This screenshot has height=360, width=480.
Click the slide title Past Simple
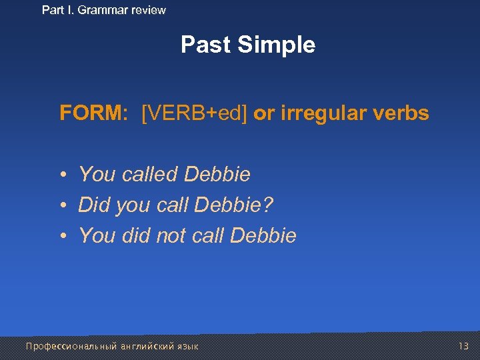click(248, 45)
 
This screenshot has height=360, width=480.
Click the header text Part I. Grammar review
click(104, 10)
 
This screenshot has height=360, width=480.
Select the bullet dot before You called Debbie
click(61, 175)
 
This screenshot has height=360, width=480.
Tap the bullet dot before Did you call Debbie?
click(61, 206)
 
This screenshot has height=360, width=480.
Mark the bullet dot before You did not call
click(61, 236)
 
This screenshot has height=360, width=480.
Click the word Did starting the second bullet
click(94, 205)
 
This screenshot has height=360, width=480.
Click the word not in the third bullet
click(171, 235)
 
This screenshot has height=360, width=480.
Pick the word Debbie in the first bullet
click(217, 175)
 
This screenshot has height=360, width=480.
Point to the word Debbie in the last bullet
click(263, 235)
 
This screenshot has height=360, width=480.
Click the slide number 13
click(464, 346)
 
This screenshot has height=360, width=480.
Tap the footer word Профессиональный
click(71, 347)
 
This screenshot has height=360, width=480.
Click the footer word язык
click(188, 347)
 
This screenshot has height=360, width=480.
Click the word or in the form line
click(263, 114)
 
